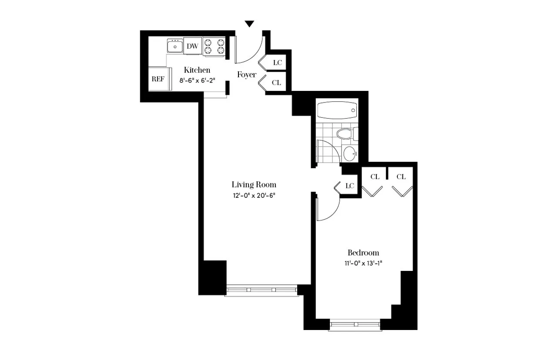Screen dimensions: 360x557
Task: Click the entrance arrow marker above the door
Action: pos(249,24)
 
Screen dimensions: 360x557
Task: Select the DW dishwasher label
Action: pos(192,46)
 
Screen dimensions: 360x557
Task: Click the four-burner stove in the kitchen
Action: pos(214,46)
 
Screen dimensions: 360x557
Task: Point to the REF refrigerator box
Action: pos(158,79)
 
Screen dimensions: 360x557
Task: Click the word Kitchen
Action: pos(197,70)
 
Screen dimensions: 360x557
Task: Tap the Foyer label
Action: pos(246,75)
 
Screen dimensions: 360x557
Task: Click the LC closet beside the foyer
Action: pos(277,63)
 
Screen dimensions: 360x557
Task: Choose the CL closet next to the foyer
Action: pos(276,82)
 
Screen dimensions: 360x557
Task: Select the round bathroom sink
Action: pos(349,153)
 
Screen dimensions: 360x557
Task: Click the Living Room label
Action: pos(254,184)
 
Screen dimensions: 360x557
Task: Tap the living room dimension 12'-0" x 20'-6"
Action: pos(254,195)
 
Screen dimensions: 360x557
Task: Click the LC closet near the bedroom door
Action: pos(349,186)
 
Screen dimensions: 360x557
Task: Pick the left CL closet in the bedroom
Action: pos(375,177)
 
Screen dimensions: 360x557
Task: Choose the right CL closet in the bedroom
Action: pos(401,177)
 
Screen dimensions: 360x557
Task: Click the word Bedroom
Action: pos(363,253)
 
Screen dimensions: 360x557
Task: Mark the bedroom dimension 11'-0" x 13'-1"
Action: pos(363,263)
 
